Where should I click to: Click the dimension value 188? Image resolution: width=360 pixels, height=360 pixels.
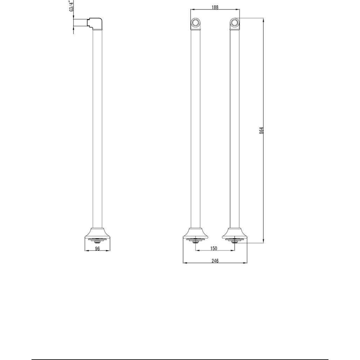coord(215,7)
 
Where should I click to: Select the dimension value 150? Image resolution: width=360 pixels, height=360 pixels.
coord(214,248)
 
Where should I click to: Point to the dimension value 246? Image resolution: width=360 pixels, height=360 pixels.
coord(215,261)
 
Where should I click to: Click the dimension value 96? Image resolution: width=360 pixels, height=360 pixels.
coord(98,248)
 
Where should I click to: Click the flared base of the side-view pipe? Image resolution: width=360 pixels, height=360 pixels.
coord(98,233)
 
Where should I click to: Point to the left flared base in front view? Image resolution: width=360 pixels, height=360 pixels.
coord(196,233)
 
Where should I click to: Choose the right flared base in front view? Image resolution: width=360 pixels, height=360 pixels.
coord(235,233)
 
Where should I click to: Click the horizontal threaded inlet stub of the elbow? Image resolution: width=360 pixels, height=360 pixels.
coord(80,23)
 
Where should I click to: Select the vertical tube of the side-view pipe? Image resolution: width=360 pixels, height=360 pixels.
coord(98,130)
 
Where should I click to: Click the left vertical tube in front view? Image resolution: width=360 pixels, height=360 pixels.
coord(195,130)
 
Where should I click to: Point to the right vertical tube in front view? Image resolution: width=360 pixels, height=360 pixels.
coord(235,130)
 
